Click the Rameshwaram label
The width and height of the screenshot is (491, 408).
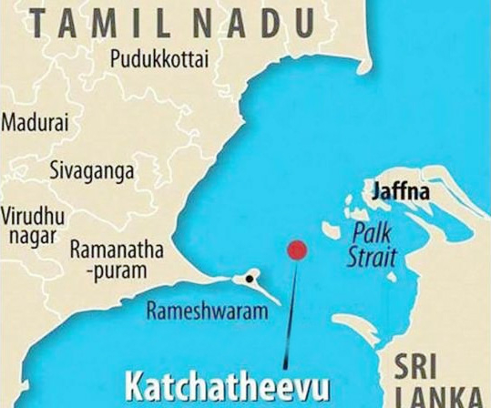207,311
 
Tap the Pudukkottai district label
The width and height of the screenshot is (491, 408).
159,60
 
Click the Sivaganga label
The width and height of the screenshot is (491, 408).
92,170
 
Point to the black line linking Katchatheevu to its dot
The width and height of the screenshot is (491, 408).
290,310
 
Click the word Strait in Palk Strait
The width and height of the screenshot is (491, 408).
372,258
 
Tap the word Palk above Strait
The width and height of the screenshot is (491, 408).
371,234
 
